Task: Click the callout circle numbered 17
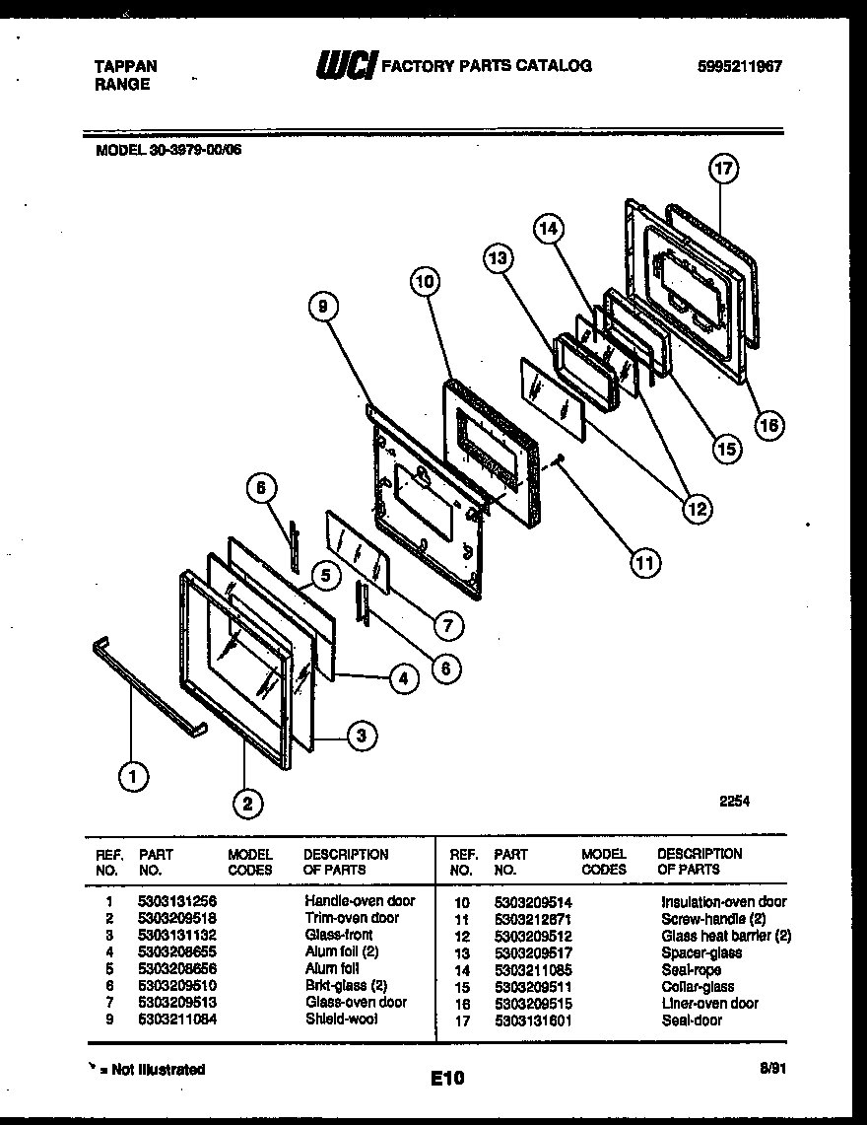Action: tap(723, 170)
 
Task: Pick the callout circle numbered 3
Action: tap(363, 735)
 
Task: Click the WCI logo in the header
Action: tap(345, 67)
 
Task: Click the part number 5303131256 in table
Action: tap(177, 901)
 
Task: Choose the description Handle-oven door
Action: tap(360, 901)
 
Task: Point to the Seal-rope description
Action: tap(691, 969)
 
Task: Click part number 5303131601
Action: tap(533, 1020)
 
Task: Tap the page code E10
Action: tap(446, 1079)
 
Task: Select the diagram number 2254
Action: tap(734, 802)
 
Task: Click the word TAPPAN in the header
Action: tap(124, 66)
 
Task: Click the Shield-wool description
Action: tap(341, 1019)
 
